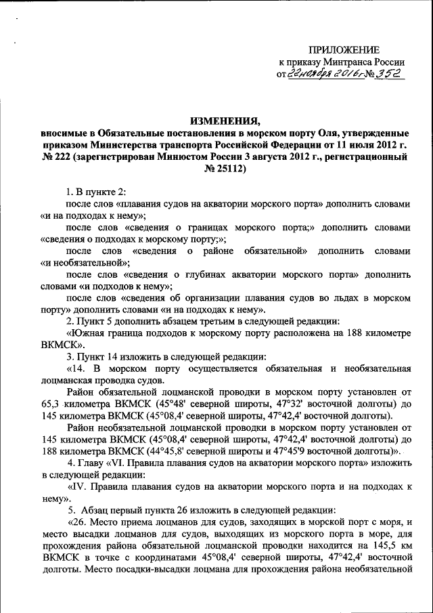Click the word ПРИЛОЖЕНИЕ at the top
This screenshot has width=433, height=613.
pyautogui.click(x=344, y=49)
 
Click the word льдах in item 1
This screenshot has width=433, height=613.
pyautogui.click(x=341, y=297)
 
